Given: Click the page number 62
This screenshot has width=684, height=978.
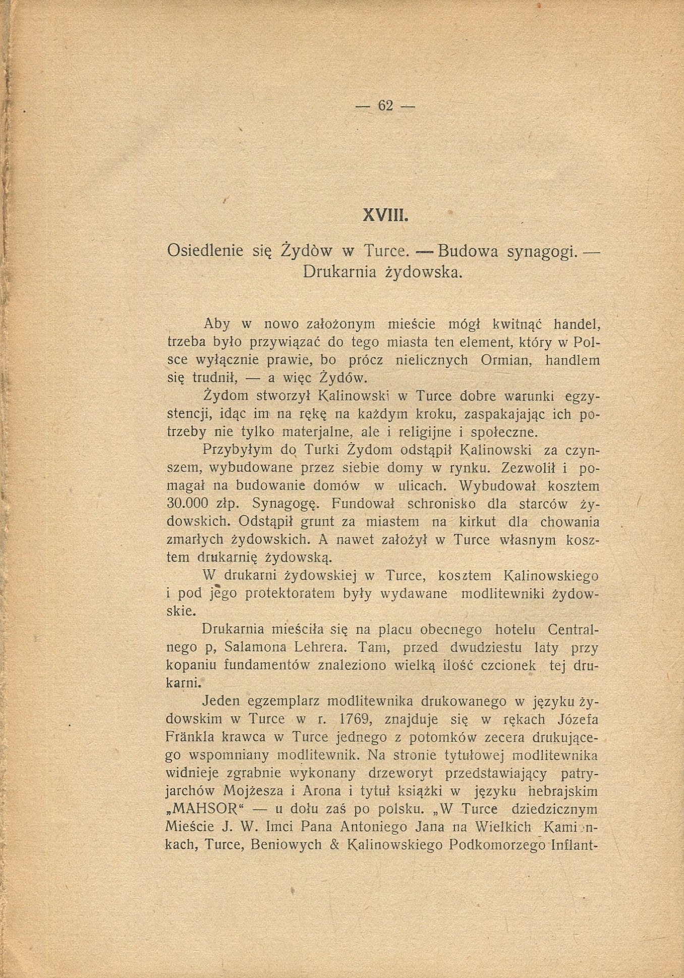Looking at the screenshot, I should point(385,105).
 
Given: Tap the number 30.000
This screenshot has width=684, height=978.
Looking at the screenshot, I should point(187,504).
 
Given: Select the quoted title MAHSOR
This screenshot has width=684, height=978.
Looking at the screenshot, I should point(209,809).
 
